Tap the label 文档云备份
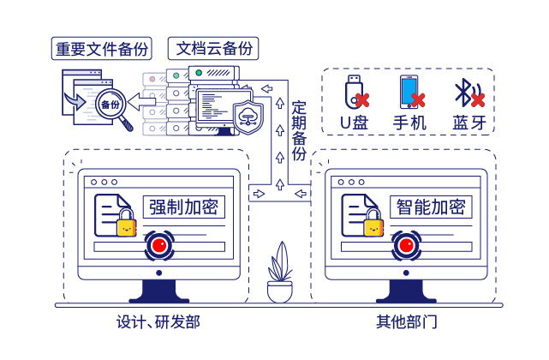214,48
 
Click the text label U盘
354,122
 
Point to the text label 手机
409,122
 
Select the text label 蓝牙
468,122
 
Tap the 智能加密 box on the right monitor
431,207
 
